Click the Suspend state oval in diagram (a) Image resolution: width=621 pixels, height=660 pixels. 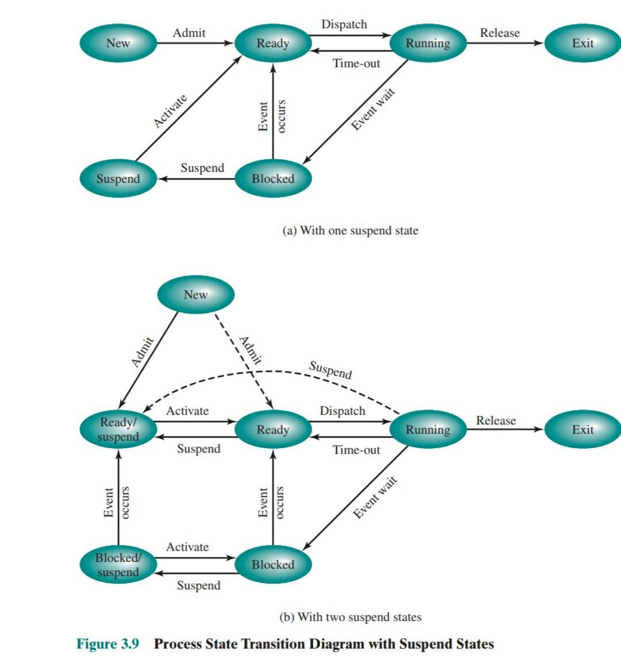[118, 179]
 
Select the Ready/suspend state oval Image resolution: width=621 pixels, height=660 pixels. [118, 429]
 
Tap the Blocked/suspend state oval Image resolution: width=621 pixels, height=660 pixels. [118, 565]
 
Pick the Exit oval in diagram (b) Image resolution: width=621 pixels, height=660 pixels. [582, 429]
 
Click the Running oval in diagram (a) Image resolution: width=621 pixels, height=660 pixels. [428, 43]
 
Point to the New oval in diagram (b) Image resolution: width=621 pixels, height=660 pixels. [195, 295]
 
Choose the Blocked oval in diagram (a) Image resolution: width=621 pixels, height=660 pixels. [273, 179]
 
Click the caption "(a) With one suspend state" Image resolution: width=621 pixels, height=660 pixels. [350, 230]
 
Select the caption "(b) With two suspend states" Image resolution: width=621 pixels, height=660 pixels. [350, 617]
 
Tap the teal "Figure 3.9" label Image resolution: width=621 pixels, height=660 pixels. [108, 643]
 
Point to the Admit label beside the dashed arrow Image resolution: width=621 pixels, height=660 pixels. [251, 350]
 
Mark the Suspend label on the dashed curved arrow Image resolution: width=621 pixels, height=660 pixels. [330, 369]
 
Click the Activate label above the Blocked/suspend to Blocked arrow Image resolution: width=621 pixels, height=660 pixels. [187, 547]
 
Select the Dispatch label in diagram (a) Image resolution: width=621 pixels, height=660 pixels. [344, 24]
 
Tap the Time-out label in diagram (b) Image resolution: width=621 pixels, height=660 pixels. [356, 450]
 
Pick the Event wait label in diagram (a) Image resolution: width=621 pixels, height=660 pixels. [373, 109]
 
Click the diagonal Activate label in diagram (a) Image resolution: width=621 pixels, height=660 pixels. [170, 111]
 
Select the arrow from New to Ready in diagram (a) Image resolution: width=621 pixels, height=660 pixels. [195, 43]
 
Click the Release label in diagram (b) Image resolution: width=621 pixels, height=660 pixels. [496, 420]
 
